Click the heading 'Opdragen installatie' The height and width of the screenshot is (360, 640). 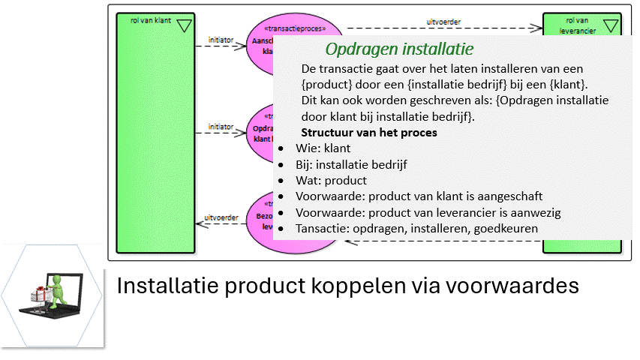399,50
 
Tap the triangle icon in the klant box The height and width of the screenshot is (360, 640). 185,26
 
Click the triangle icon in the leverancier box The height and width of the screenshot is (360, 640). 611,26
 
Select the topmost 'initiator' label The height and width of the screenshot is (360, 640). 221,39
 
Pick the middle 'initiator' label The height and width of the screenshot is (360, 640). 221,127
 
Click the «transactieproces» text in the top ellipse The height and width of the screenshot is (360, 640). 301,29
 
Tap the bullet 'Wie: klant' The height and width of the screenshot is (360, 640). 323,148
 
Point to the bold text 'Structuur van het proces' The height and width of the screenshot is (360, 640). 369,133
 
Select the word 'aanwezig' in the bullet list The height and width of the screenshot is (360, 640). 536,212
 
